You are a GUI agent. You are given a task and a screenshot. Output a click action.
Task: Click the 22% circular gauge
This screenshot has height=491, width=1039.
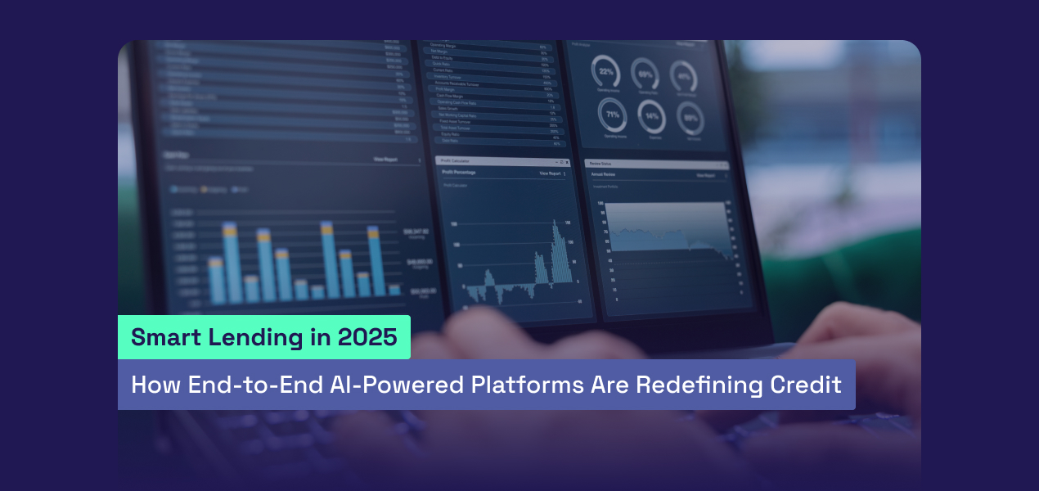[606, 72]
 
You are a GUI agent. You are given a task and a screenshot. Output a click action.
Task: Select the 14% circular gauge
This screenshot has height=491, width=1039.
[652, 117]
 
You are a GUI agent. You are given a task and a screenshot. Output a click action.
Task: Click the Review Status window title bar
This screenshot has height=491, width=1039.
[654, 164]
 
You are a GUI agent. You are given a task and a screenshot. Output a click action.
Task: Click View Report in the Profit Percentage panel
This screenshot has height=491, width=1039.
[550, 174]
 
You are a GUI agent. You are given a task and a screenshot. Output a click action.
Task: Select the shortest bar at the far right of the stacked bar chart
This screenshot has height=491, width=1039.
[394, 290]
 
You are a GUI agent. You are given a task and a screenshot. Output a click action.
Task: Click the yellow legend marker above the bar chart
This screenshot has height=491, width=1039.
[202, 190]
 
